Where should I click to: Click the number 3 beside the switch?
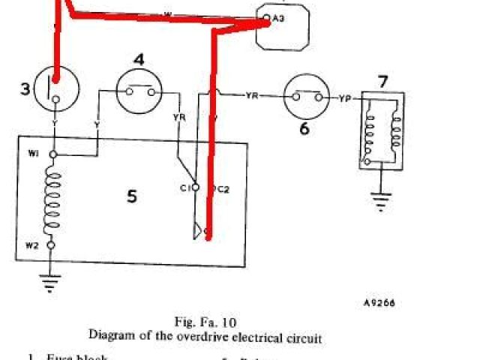(25, 90)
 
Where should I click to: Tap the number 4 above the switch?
(139, 59)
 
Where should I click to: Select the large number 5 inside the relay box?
(132, 196)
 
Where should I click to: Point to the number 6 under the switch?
(304, 127)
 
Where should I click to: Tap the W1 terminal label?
(34, 154)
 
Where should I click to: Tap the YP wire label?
(345, 97)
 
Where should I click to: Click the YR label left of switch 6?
(252, 96)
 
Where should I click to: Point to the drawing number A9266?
(379, 303)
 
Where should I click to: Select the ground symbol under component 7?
(382, 200)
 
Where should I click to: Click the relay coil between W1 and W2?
(52, 200)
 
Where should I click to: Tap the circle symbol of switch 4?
(140, 92)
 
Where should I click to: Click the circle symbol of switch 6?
(306, 97)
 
